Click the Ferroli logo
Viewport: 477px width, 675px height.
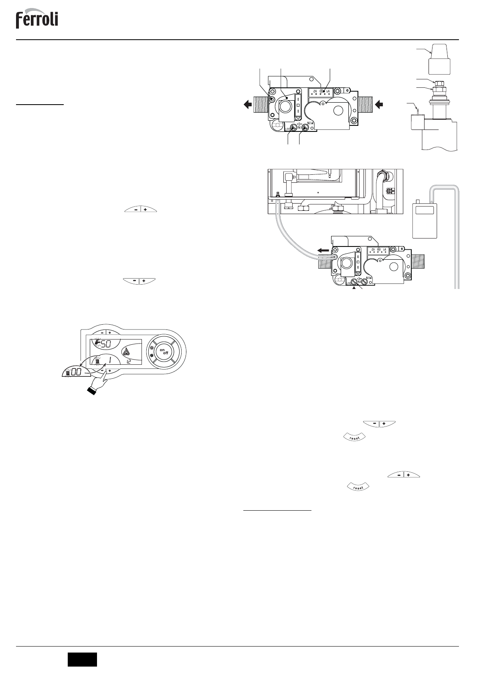(x=37, y=19)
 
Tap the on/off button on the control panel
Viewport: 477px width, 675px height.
(x=163, y=352)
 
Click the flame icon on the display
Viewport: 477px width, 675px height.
(x=127, y=353)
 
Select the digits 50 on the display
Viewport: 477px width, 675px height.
(x=105, y=344)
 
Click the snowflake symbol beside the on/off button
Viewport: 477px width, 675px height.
(x=152, y=356)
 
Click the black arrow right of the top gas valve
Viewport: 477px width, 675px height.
(x=378, y=105)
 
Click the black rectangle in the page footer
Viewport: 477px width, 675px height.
(x=82, y=659)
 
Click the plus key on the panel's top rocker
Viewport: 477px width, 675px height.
(x=109, y=333)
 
